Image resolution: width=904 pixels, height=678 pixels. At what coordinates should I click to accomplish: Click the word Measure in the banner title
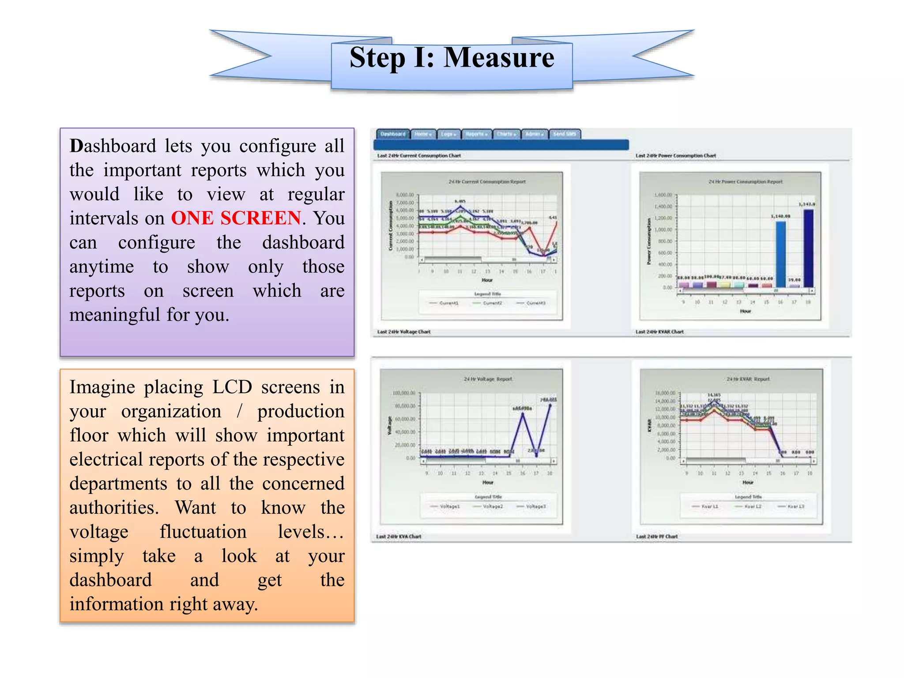pyautogui.click(x=498, y=58)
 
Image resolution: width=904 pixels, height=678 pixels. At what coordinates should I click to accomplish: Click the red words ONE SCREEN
pyautogui.click(x=236, y=218)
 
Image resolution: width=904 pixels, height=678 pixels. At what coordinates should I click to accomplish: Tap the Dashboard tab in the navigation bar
pyautogui.click(x=393, y=134)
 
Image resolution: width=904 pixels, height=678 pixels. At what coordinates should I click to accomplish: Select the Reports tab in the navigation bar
pyautogui.click(x=477, y=134)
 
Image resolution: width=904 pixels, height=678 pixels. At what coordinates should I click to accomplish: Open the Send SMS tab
pyautogui.click(x=565, y=134)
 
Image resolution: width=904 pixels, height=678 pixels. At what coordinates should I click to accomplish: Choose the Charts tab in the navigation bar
pyautogui.click(x=506, y=134)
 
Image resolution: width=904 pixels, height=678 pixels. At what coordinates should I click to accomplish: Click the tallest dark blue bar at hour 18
pyautogui.click(x=808, y=248)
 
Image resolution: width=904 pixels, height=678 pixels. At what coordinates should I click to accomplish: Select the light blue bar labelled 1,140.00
pyautogui.click(x=780, y=254)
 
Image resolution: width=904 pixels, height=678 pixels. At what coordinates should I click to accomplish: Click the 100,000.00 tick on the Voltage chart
pyautogui.click(x=404, y=393)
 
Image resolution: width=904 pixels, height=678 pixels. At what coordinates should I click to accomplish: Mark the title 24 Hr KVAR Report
pyautogui.click(x=748, y=379)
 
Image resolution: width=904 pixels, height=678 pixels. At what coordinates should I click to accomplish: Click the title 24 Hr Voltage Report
pyautogui.click(x=488, y=379)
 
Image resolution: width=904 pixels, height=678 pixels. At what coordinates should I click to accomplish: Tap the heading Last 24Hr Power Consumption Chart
pyautogui.click(x=675, y=156)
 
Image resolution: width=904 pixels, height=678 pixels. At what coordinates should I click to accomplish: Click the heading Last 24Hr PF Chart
pyautogui.click(x=657, y=536)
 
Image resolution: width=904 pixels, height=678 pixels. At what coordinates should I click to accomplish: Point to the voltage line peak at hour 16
pyautogui.click(x=523, y=414)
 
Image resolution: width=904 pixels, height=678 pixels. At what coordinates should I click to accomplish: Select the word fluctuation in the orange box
pyautogui.click(x=203, y=532)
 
